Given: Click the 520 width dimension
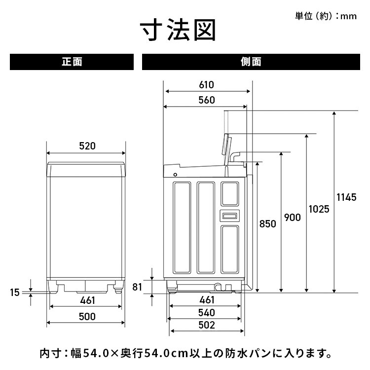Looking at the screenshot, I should (x=87, y=146).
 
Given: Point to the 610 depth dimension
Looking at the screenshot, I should (x=207, y=84).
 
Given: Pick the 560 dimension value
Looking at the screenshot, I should (x=207, y=100).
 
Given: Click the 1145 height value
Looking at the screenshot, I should (x=346, y=197).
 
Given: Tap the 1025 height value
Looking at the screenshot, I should (x=319, y=209).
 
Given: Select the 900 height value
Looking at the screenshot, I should (x=292, y=218).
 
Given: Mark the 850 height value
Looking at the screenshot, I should (x=267, y=223).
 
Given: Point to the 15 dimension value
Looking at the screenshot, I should (x=15, y=292).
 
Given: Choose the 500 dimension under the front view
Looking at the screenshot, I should (x=87, y=316).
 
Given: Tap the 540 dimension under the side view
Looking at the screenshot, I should (x=207, y=312).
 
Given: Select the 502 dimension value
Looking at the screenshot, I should (x=207, y=325).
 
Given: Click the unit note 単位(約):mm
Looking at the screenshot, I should (x=326, y=16).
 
